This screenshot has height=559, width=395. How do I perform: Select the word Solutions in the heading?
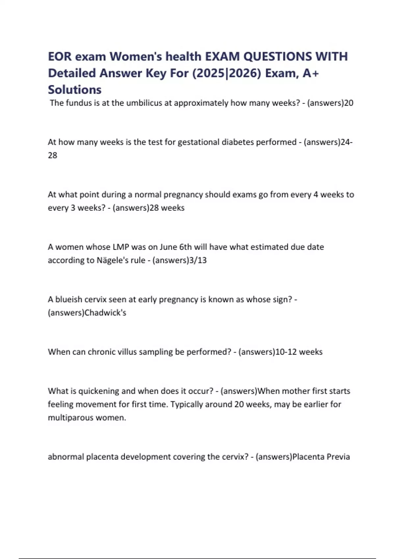[75, 89]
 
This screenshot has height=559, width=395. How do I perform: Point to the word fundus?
[79, 103]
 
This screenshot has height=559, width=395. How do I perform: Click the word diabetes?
[238, 142]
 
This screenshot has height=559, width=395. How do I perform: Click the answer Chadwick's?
[105, 312]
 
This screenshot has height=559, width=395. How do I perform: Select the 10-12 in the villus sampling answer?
[286, 352]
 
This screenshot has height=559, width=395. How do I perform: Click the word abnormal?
[66, 457]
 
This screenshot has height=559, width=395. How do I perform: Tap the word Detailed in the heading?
[72, 73]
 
